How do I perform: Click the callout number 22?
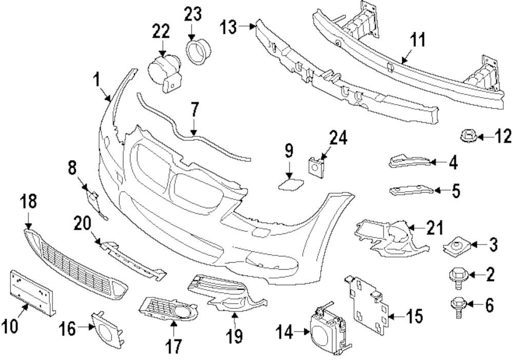[160, 32]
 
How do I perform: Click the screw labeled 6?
[457, 306]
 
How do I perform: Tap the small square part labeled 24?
[314, 165]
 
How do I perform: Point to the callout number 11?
[419, 40]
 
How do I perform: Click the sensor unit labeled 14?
[326, 326]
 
